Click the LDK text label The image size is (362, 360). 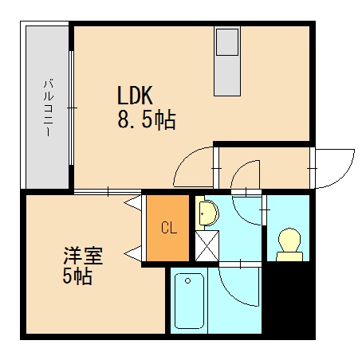tap(136, 97)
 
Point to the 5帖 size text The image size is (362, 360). tap(78, 277)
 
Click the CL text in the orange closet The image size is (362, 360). tap(168, 229)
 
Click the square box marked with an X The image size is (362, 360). tap(206, 245)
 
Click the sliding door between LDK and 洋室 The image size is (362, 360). tap(108, 191)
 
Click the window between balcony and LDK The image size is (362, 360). tap(72, 108)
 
